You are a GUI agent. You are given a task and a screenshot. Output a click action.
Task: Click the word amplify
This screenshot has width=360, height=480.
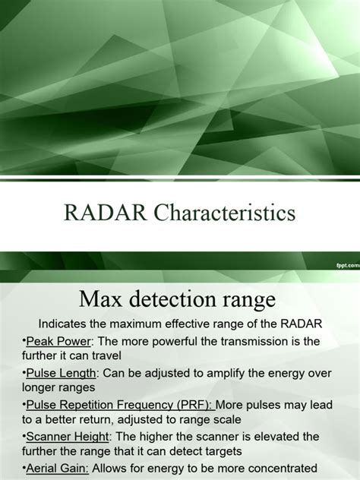click(x=225, y=374)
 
